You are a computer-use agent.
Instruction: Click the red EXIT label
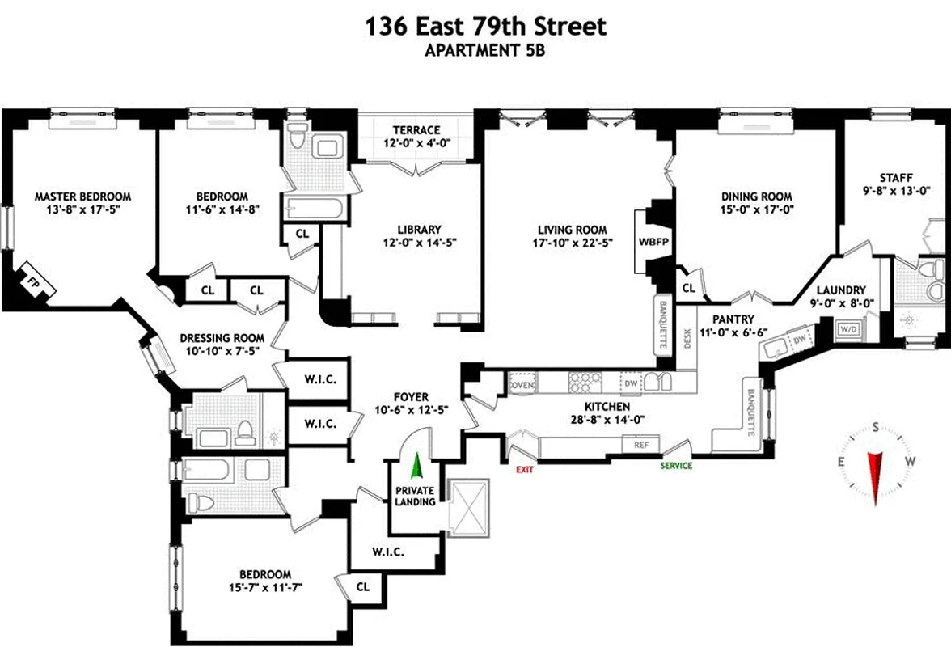coord(523,469)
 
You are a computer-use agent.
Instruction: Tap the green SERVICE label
coord(676,466)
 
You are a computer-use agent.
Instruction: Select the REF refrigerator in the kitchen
coord(640,444)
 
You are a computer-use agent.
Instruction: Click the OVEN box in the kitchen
coord(522,386)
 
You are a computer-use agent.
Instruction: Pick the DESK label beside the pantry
coord(687,337)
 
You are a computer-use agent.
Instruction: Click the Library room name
coord(418,229)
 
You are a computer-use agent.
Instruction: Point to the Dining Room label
coord(756,197)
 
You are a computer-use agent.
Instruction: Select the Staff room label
coord(896,178)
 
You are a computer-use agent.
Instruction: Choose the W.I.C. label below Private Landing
coord(387,552)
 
